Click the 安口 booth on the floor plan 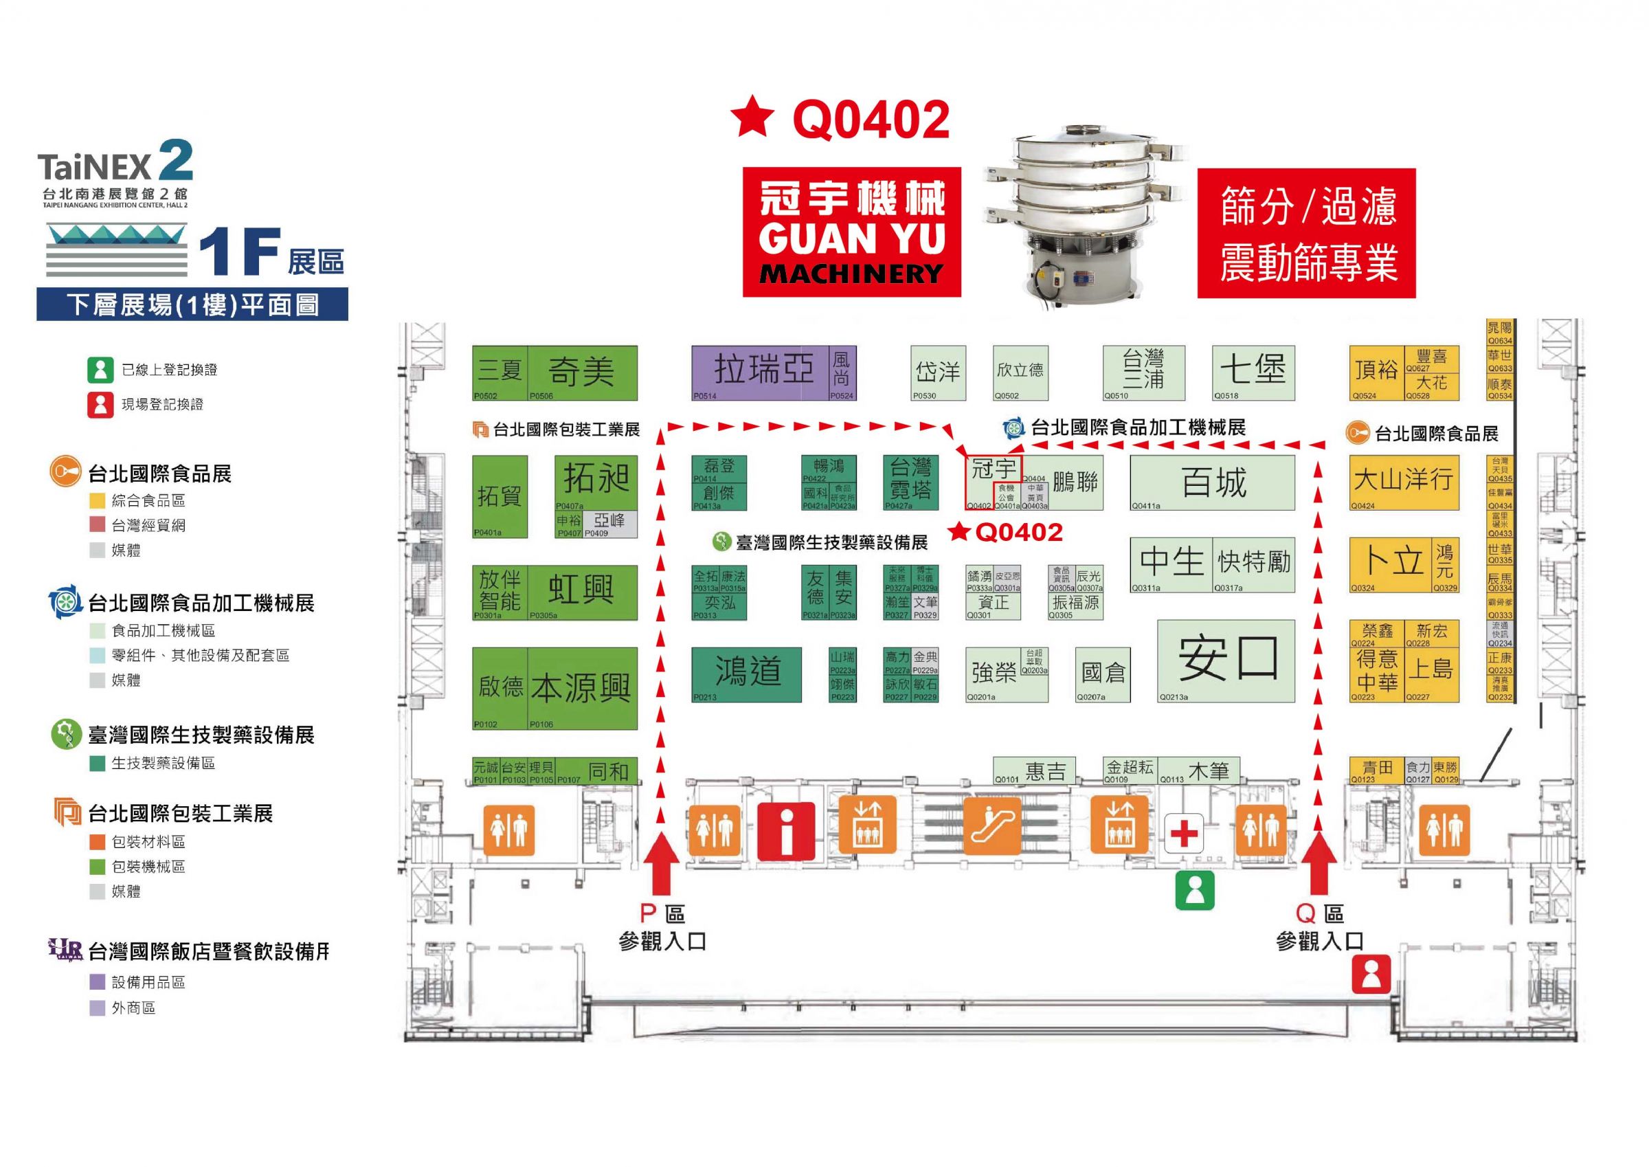click(x=1226, y=660)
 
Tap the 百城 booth click(x=1213, y=482)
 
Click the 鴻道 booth click(x=746, y=674)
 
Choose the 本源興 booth click(x=582, y=689)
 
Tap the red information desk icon click(x=786, y=832)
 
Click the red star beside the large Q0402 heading click(x=751, y=118)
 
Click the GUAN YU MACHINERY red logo click(x=852, y=232)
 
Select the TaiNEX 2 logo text click(x=115, y=164)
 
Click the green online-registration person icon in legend click(x=100, y=370)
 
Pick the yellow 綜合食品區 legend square click(x=97, y=501)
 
